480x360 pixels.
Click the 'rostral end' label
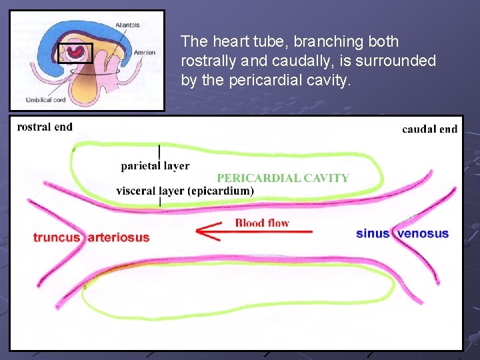[45, 127]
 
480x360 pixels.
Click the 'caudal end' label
[429, 129]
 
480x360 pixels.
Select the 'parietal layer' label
[155, 166]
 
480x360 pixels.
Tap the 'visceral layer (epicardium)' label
[185, 191]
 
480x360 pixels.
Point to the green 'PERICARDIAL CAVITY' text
[283, 178]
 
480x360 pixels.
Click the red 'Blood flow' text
[262, 223]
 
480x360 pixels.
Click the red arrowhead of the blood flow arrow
[204, 232]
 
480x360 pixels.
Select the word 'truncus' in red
[57, 237]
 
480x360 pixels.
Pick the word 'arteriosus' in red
[119, 237]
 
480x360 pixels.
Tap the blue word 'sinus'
[373, 233]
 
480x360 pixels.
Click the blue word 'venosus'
[423, 233]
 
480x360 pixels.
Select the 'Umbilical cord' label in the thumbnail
[47, 100]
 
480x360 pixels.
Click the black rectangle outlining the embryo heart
[75, 53]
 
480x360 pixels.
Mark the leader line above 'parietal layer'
[159, 152]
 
